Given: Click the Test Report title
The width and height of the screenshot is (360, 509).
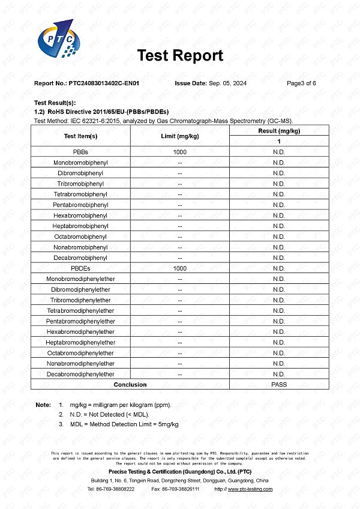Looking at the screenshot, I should click(x=180, y=56).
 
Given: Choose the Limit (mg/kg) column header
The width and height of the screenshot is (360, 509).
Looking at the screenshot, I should click(x=180, y=136).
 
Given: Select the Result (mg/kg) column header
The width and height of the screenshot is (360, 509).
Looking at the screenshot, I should click(x=279, y=131).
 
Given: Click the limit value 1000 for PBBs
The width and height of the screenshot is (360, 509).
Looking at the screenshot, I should click(x=180, y=152).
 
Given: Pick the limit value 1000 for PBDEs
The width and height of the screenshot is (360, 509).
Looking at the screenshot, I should click(x=180, y=268).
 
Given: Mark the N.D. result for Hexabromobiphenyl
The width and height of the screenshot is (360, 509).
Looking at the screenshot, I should click(x=279, y=215).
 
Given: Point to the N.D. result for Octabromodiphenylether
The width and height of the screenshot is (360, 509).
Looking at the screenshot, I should click(x=279, y=353).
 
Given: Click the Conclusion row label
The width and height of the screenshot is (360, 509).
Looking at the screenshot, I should click(x=130, y=385).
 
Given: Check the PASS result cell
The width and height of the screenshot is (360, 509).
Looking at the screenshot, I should click(x=279, y=385).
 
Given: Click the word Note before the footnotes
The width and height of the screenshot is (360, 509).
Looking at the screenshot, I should click(x=43, y=405).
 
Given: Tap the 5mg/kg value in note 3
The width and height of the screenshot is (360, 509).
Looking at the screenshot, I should click(x=167, y=424).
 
